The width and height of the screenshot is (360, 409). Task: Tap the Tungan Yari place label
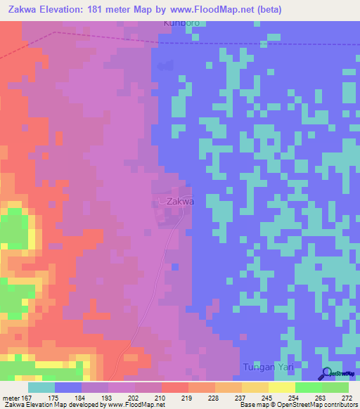pyautogui.click(x=266, y=368)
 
